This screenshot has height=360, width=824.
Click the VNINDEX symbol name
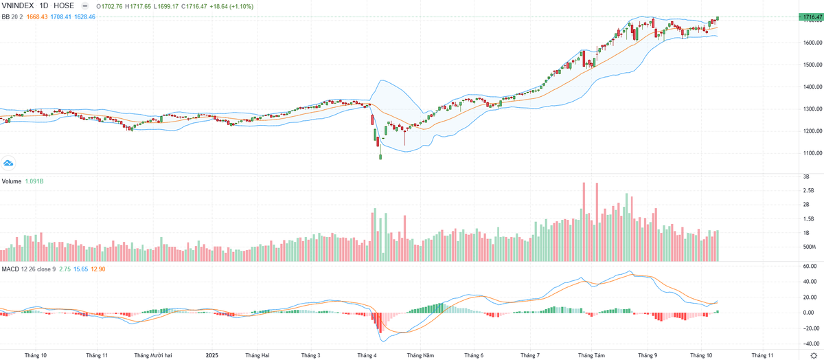(17, 5)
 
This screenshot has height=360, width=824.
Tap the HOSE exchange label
(64, 5)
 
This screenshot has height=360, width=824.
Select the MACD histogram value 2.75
(60, 269)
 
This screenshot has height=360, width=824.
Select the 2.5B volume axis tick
(808, 190)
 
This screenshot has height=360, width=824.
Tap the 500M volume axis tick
(809, 247)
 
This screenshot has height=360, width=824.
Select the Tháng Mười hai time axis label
(153, 355)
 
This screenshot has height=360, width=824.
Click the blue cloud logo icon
(9, 163)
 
